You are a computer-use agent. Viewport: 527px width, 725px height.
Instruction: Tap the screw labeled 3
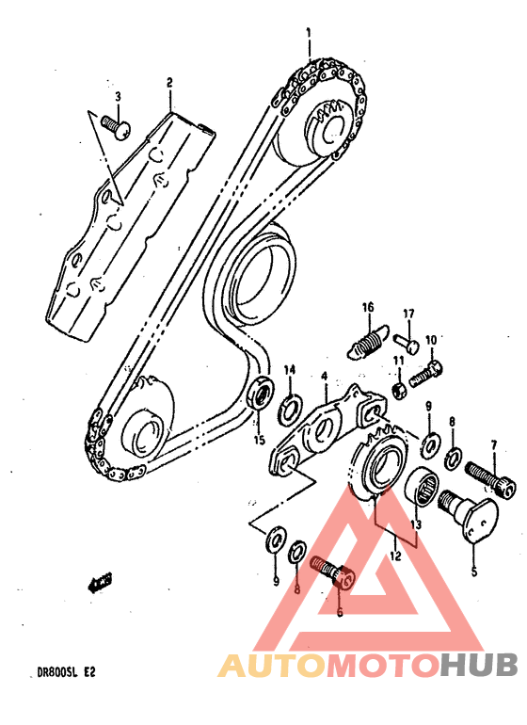pos(116,124)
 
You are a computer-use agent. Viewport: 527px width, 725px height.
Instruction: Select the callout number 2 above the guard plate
pos(169,84)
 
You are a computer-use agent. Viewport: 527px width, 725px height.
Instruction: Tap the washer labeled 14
pos(291,408)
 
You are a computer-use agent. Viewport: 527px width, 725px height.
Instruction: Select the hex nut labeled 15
pos(261,394)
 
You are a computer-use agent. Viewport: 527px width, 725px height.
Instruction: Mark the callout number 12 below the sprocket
pos(394,556)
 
